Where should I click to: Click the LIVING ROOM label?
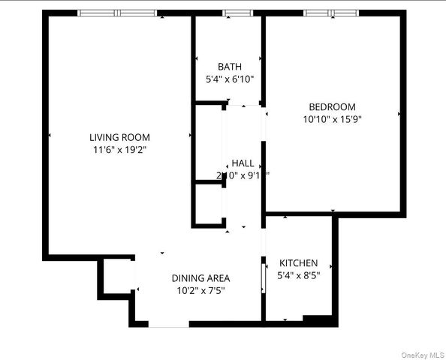pos(119,137)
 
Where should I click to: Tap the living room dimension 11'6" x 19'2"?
pos(119,150)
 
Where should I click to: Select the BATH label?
pos(229,66)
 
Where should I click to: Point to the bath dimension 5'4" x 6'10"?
pos(229,79)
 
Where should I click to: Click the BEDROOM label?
pos(332,106)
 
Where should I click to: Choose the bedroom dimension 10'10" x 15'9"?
pos(332,118)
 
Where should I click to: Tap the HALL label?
pos(243,163)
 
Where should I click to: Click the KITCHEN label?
pos(298,263)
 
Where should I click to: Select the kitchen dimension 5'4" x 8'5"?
pos(298,276)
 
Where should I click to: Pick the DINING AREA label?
pos(200,277)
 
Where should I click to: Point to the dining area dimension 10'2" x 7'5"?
pos(200,290)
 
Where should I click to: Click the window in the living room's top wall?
pos(118,12)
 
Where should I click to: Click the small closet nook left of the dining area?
pos(117,276)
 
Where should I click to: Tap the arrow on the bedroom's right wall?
pos(399,114)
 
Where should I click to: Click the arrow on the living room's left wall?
pos(50,136)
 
